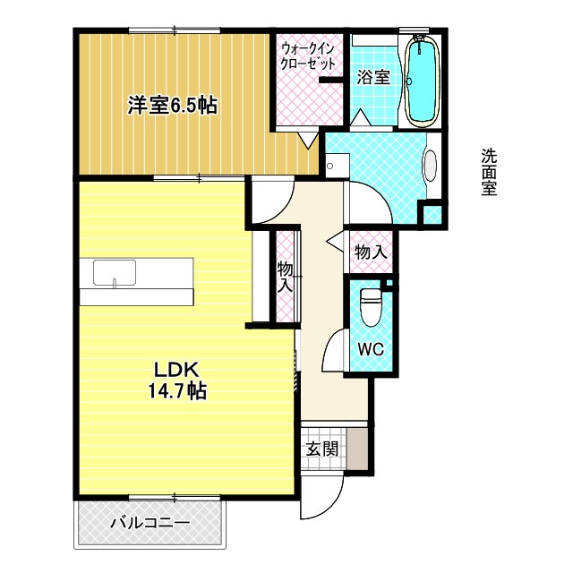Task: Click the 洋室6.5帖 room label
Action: tap(172, 106)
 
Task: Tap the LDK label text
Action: tap(177, 370)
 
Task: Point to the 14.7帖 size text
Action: tap(177, 390)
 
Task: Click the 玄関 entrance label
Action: tap(322, 449)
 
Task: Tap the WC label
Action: tap(371, 349)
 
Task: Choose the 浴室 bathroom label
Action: tap(373, 77)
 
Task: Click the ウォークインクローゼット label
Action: tap(307, 56)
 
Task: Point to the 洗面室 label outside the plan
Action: tap(489, 172)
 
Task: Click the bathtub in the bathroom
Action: tap(422, 81)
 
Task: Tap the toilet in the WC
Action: tap(371, 306)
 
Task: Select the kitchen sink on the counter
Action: tap(115, 272)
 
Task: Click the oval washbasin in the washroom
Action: tap(431, 166)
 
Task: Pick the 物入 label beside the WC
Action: tap(371, 252)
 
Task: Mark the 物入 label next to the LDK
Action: tap(285, 277)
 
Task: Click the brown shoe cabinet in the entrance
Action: tap(357, 449)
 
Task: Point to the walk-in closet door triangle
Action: tap(308, 141)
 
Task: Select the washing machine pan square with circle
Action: tap(338, 166)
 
